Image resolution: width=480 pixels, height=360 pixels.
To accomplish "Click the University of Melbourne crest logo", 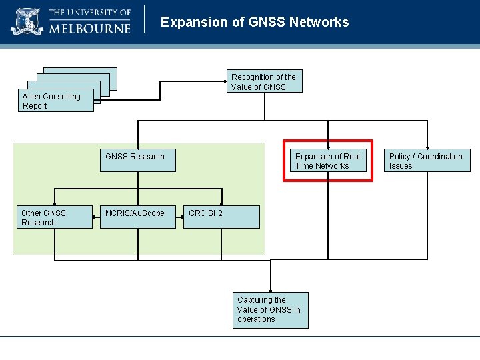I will click(27, 21).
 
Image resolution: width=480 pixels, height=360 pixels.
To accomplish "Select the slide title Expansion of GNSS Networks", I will click(255, 22).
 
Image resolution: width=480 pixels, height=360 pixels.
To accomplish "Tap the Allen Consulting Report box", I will click(57, 101).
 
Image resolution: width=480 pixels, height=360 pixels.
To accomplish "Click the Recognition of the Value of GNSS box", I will click(264, 81).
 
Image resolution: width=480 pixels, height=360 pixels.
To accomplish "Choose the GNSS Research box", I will click(137, 160).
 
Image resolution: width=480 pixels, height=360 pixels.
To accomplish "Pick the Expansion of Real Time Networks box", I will click(328, 161).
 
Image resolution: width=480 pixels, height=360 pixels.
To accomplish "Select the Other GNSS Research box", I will click(54, 217).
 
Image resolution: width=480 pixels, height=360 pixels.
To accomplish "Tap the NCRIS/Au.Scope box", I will click(137, 217).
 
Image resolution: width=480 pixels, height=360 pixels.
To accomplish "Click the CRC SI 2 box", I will click(221, 217).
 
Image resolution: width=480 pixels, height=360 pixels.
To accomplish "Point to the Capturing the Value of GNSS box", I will click(271, 310).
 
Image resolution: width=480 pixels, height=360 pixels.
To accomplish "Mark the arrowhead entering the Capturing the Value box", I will click(271, 289).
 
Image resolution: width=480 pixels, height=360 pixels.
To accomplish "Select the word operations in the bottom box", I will click(256, 319).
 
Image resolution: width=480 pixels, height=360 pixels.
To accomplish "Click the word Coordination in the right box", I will click(440, 157).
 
